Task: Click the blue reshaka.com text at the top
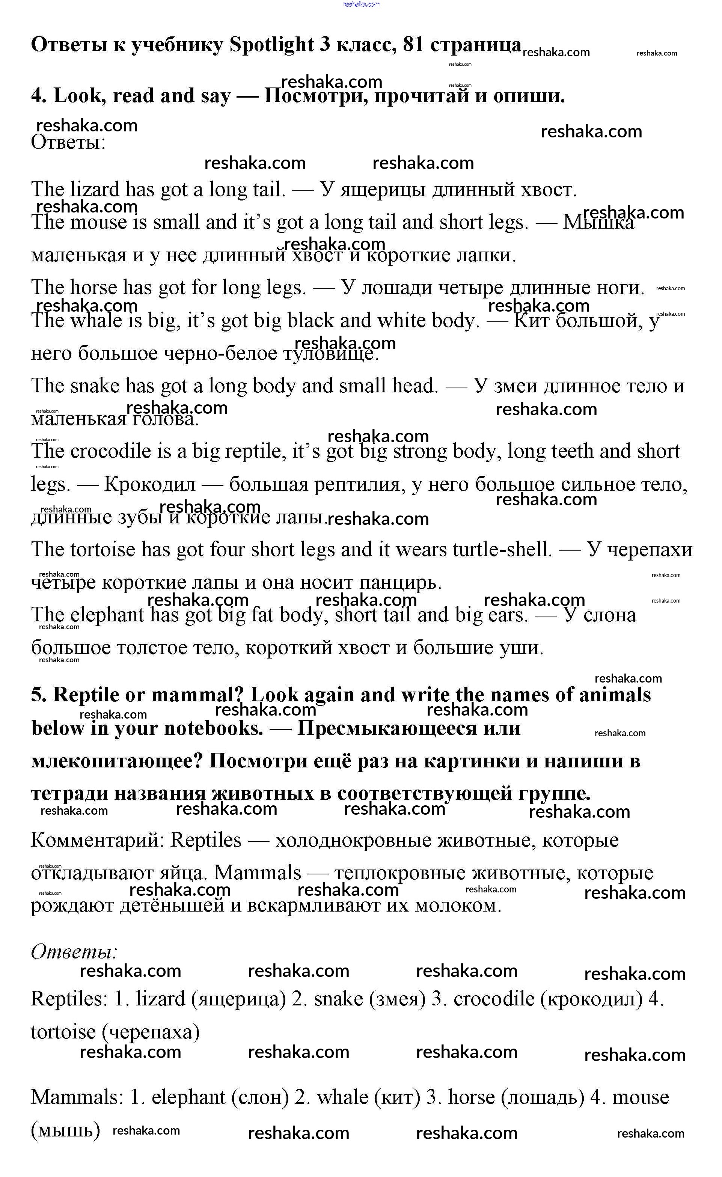[361, 4]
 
